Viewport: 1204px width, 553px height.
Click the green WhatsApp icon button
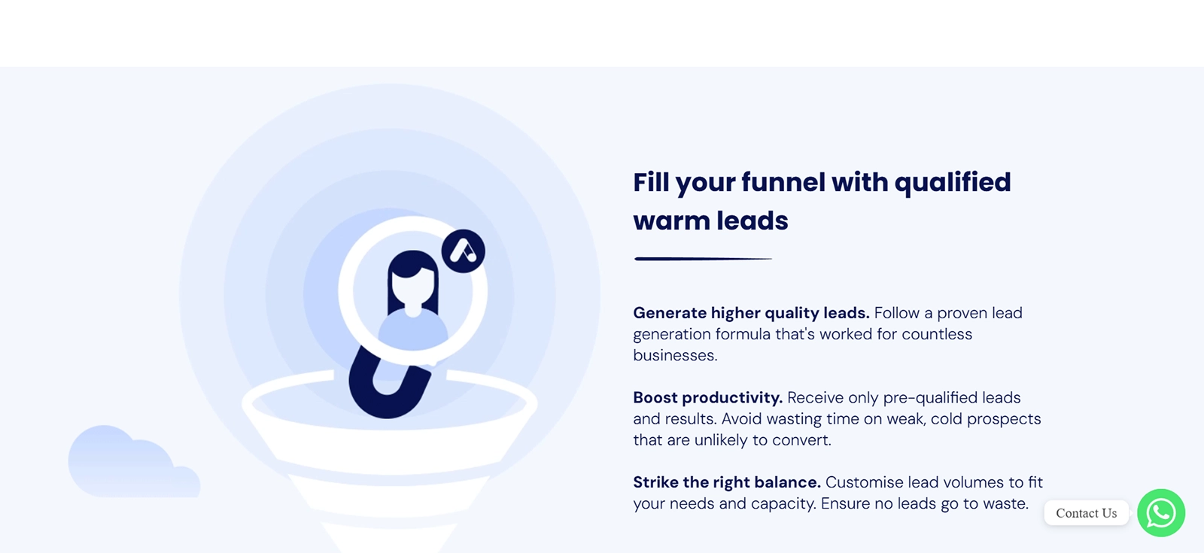[1161, 512]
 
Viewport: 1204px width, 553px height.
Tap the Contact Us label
[1087, 513]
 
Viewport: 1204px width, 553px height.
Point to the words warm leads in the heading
[710, 221]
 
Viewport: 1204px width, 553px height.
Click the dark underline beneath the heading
[703, 259]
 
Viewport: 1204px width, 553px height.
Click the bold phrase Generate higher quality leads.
[751, 313]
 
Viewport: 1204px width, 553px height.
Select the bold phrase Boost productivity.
[707, 398]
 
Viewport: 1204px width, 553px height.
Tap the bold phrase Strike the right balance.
[727, 482]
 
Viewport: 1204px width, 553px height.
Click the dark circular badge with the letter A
[464, 251]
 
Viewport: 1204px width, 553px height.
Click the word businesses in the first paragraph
[675, 355]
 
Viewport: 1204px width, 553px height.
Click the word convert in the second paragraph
[801, 441]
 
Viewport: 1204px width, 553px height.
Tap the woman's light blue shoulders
[413, 330]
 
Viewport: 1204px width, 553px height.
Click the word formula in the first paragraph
[742, 334]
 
